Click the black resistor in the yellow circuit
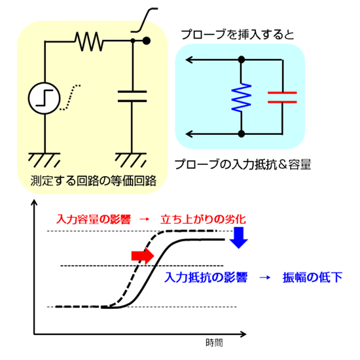click(x=89, y=41)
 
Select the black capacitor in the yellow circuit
click(x=132, y=96)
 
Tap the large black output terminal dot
click(x=147, y=41)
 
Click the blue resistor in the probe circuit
click(x=242, y=98)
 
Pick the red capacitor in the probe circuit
click(x=282, y=98)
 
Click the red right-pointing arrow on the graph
click(x=143, y=256)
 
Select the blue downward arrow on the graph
click(x=239, y=238)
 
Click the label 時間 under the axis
click(x=214, y=343)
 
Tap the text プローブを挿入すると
click(x=238, y=35)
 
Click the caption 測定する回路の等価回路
click(x=93, y=181)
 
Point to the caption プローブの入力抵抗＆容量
click(x=243, y=164)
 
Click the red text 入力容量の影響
click(x=94, y=219)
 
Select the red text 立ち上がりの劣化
click(x=203, y=219)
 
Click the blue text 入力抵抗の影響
click(x=206, y=278)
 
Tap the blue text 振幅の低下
click(x=312, y=278)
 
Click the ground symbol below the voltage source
click(x=44, y=160)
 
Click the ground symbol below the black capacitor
click(x=131, y=160)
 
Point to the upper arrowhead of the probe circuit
click(x=189, y=60)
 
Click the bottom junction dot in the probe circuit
click(x=242, y=134)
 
